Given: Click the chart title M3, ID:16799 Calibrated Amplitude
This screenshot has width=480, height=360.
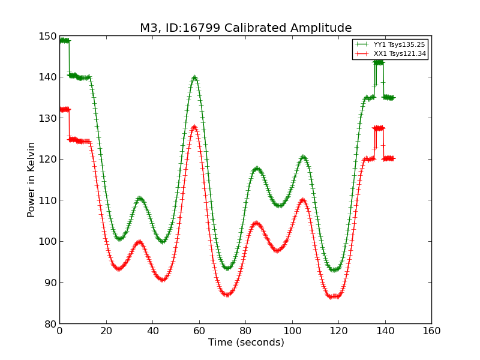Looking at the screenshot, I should click(245, 28).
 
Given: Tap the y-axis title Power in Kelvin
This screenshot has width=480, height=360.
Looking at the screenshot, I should click(31, 179).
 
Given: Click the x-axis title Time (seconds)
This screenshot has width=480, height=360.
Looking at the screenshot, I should click(246, 343).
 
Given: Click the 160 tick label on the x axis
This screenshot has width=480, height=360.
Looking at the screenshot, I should click(431, 331).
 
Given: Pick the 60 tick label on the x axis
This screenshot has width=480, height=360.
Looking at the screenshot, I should click(199, 331).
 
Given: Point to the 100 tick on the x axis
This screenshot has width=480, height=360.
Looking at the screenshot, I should click(292, 331).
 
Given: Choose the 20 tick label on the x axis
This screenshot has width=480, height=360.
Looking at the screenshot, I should click(106, 331).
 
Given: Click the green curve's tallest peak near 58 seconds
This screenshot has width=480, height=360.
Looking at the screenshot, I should click(194, 77).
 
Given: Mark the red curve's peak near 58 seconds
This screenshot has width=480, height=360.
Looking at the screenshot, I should click(194, 127).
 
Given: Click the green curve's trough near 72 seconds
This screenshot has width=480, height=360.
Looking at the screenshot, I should click(227, 268).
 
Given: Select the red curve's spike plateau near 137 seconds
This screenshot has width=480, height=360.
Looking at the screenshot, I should click(378, 128).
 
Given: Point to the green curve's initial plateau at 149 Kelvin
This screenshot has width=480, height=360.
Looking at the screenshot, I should click(64, 41).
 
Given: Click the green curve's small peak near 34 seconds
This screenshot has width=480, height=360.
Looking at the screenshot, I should click(139, 198).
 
